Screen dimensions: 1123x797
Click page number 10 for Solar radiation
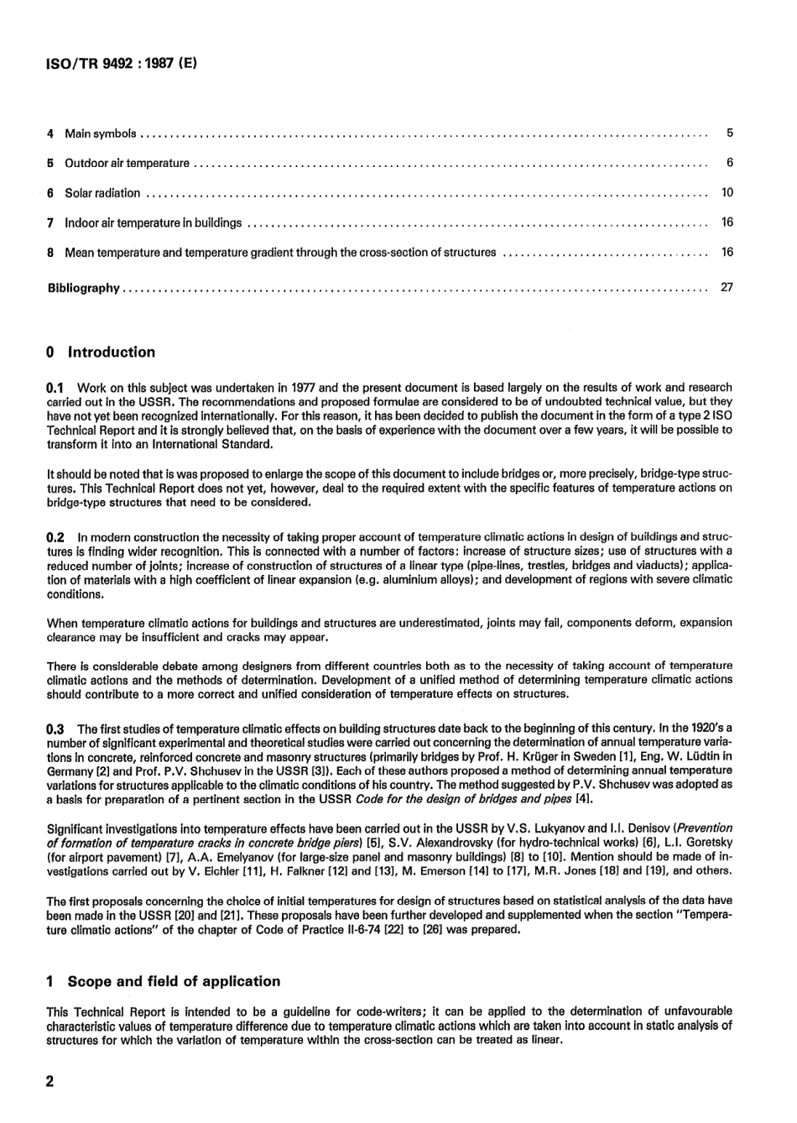click(x=727, y=193)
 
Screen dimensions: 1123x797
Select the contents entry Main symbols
click(x=101, y=133)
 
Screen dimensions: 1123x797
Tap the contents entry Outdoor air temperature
click(x=127, y=164)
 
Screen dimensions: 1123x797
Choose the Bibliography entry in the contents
click(x=83, y=288)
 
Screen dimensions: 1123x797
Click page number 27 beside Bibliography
click(x=727, y=288)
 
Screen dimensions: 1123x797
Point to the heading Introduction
click(x=111, y=353)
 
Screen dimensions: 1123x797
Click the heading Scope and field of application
click(x=173, y=981)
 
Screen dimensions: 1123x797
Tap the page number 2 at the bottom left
click(x=50, y=1082)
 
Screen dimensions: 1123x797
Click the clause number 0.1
click(x=55, y=389)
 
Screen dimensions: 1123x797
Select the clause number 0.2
click(x=55, y=536)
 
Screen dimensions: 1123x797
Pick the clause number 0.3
click(x=55, y=729)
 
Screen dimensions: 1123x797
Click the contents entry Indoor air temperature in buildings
click(x=153, y=223)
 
